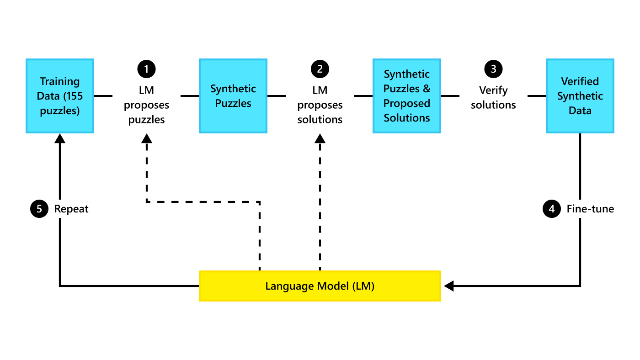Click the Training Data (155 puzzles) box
coord(59,96)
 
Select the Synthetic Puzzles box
coord(233,96)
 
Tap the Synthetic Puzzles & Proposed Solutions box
coord(407,96)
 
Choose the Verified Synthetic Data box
coord(580,96)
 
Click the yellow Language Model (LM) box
coord(320,286)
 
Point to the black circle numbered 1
coord(146,69)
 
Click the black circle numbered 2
coord(320,69)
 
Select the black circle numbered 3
coord(493,69)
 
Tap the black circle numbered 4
coord(552,209)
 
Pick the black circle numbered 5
coord(39,209)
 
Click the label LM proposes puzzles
coord(146,105)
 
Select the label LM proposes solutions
coord(320,105)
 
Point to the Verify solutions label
coord(493,97)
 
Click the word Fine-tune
coord(590,209)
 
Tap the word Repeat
coord(71,209)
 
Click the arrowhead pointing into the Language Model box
coord(448,286)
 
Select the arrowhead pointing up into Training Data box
coord(59,138)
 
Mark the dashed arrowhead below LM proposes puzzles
coord(146,138)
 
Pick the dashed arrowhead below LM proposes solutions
coord(320,138)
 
